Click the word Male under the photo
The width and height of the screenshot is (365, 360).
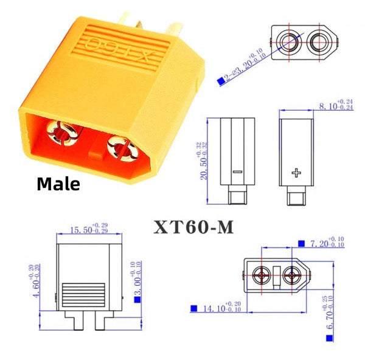pyautogui.click(x=58, y=184)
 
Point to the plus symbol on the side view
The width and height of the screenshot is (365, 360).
pyautogui.click(x=297, y=174)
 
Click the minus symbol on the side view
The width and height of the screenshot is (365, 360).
pyautogui.click(x=237, y=174)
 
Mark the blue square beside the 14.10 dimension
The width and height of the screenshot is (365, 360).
pyautogui.click(x=194, y=309)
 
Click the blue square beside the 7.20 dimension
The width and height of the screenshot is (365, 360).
pyautogui.click(x=302, y=243)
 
